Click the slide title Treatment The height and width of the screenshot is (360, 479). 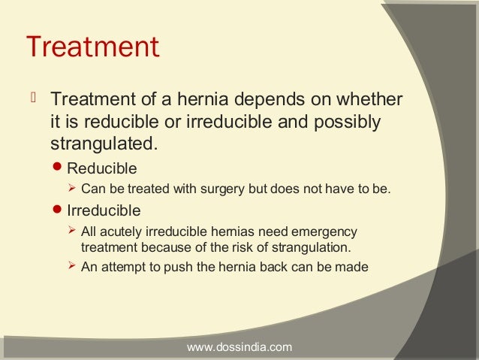92,47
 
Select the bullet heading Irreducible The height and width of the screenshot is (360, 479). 104,210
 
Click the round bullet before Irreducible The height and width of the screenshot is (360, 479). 62,210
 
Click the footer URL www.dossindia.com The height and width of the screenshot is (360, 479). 239,347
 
